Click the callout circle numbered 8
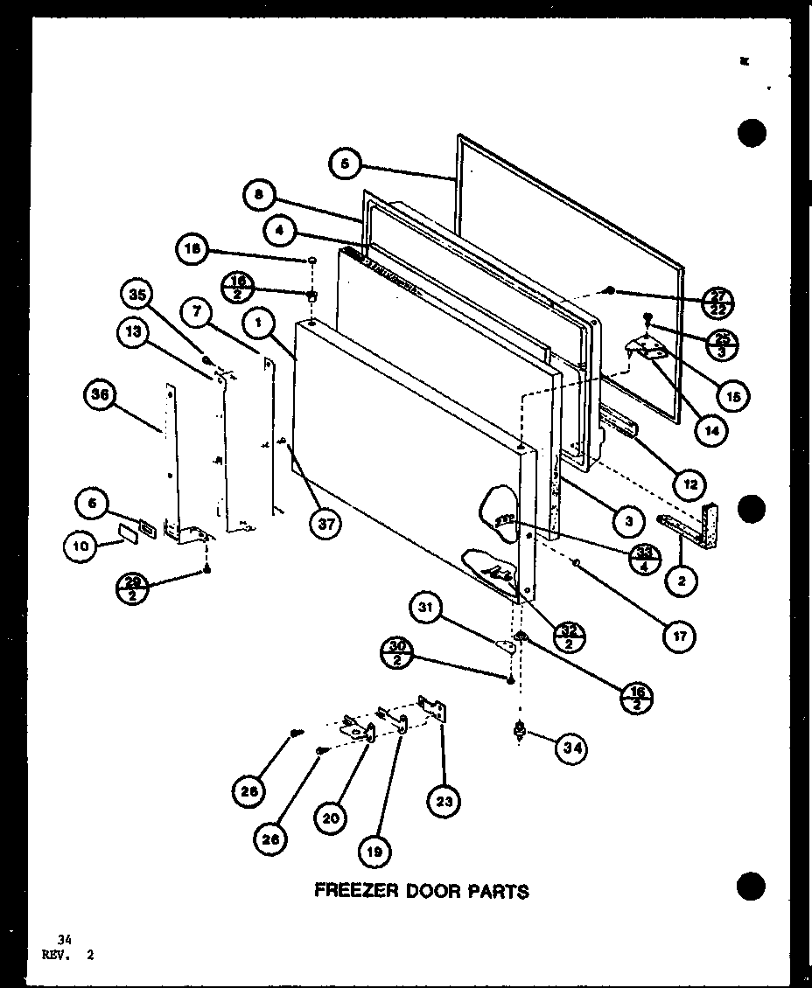(x=259, y=196)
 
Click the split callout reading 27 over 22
(x=718, y=303)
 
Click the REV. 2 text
(x=67, y=955)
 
